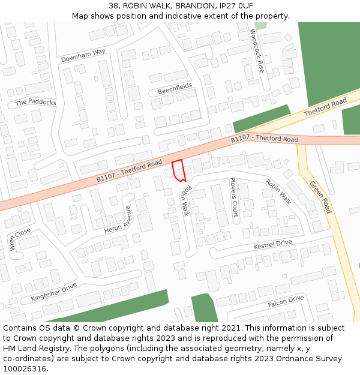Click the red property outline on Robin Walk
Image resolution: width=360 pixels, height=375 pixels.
178,170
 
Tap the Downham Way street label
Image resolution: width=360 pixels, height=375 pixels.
83,56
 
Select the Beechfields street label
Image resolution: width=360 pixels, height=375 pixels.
175,89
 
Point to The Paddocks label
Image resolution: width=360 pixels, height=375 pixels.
36,102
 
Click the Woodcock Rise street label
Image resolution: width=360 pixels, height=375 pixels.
257,50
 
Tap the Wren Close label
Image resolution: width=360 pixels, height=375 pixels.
20,239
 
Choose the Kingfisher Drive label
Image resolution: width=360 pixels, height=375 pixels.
54,292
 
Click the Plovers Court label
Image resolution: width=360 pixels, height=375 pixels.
234,197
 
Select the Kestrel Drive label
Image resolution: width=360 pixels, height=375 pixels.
272,245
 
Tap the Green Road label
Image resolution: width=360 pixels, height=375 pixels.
320,197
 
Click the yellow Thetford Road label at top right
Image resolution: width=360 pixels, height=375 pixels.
325,108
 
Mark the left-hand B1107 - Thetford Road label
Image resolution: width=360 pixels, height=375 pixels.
129,171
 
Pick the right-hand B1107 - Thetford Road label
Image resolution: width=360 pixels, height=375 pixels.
265,139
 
